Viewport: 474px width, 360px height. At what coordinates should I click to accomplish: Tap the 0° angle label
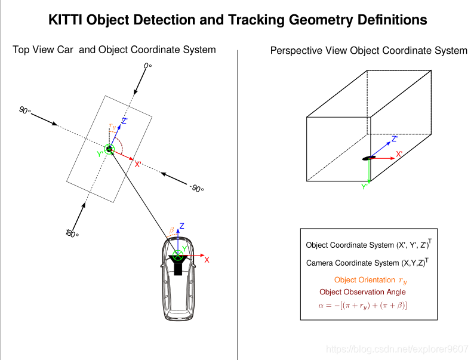tap(147, 65)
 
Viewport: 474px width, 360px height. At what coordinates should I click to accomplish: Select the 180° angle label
tap(72, 233)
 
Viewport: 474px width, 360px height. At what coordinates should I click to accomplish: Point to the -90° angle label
tap(197, 188)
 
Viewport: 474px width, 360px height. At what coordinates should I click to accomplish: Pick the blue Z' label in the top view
tap(125, 122)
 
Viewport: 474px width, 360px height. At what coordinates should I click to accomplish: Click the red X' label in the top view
tap(138, 164)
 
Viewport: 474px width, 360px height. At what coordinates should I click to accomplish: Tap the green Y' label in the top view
tap(100, 154)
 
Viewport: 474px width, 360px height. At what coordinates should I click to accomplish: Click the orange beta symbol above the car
tap(172, 230)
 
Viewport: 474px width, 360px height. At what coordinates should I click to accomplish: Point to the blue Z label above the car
tap(182, 226)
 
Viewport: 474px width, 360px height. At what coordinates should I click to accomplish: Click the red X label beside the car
tap(207, 260)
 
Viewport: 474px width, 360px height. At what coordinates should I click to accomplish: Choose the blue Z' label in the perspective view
tap(395, 139)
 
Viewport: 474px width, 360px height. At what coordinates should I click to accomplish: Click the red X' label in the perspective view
tap(399, 154)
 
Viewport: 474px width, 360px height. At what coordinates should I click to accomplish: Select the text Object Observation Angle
tap(362, 292)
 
